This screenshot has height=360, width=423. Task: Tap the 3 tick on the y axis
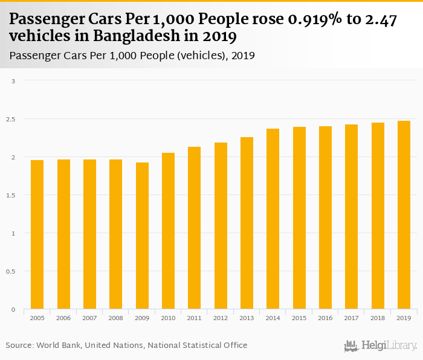[x=14, y=81]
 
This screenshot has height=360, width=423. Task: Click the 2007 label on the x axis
[x=89, y=318]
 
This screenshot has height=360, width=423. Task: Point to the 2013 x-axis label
[x=247, y=318]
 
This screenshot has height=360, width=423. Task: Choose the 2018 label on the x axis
[x=378, y=318]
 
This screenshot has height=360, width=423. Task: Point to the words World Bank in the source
[x=59, y=345]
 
